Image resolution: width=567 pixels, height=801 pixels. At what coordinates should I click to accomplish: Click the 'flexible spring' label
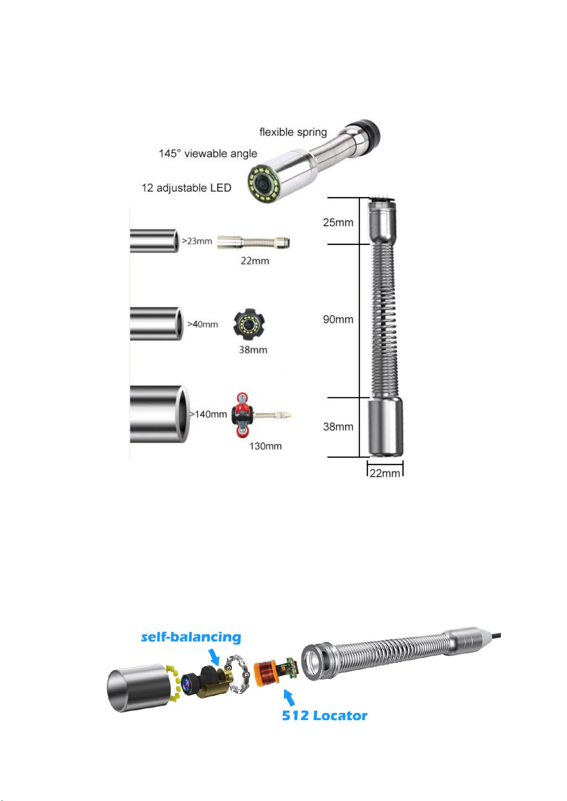(x=293, y=132)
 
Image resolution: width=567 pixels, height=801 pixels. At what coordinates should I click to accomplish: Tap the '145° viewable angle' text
(x=208, y=154)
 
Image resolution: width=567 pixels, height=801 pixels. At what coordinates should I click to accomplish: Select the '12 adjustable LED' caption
(x=186, y=188)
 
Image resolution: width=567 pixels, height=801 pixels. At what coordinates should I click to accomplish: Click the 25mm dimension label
(x=338, y=222)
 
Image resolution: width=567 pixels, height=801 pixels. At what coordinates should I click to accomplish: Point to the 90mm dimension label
(x=338, y=319)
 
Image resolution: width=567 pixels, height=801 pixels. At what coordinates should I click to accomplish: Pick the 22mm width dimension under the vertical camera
(x=384, y=473)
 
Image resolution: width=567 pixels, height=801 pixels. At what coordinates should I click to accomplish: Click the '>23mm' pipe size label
(x=197, y=241)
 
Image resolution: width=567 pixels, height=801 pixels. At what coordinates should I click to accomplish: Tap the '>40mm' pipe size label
(x=203, y=324)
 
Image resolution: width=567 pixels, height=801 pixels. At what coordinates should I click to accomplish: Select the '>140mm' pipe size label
(x=208, y=414)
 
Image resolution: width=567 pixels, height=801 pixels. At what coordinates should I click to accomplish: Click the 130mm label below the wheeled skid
(x=265, y=446)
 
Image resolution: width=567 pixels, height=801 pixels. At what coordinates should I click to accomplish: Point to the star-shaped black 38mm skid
(x=249, y=325)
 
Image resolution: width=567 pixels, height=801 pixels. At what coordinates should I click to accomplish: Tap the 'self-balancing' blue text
(x=191, y=637)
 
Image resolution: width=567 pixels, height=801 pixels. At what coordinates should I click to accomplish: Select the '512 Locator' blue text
(x=324, y=715)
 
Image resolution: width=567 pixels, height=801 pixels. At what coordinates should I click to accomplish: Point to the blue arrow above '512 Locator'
(x=289, y=697)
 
